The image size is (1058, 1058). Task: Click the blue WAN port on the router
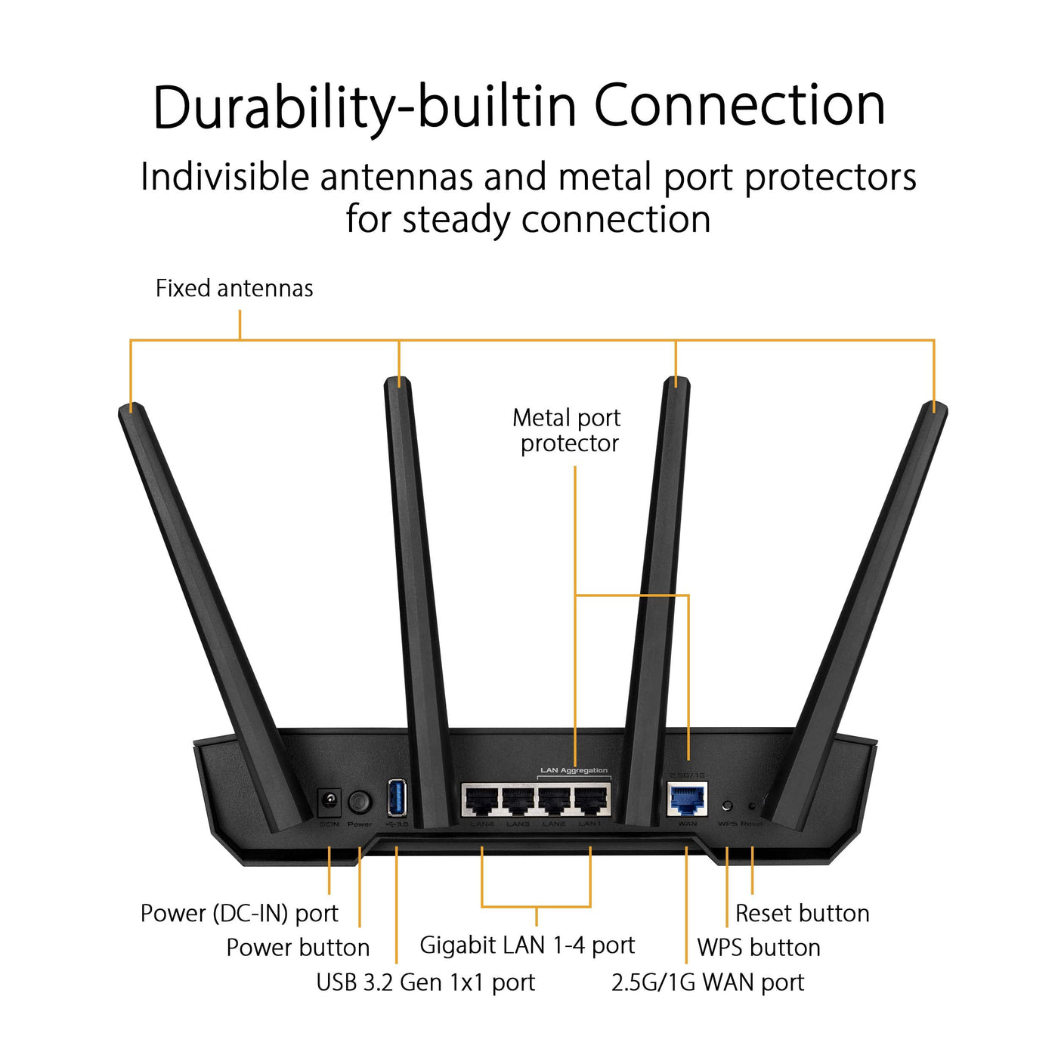pyautogui.click(x=687, y=800)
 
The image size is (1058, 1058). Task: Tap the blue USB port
pyautogui.click(x=397, y=797)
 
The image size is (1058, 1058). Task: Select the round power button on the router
pyautogui.click(x=359, y=802)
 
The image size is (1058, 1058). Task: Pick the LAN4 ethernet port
pyautogui.click(x=481, y=800)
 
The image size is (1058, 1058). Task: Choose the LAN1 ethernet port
pyautogui.click(x=590, y=800)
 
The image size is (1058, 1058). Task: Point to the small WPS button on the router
pyautogui.click(x=727, y=806)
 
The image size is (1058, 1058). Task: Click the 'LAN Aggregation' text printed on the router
pyautogui.click(x=574, y=771)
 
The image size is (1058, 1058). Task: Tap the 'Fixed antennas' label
pyautogui.click(x=234, y=289)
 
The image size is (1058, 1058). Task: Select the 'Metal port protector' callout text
pyautogui.click(x=568, y=430)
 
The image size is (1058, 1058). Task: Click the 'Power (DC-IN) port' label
pyautogui.click(x=239, y=914)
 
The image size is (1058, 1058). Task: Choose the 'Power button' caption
pyautogui.click(x=298, y=948)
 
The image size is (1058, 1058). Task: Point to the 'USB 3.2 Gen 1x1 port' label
pyautogui.click(x=425, y=982)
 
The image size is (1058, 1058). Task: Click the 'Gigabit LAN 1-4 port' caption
pyautogui.click(x=527, y=945)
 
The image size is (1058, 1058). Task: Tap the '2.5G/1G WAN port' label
pyautogui.click(x=707, y=982)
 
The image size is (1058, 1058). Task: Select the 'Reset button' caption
pyautogui.click(x=802, y=914)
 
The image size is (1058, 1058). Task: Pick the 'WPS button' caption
pyautogui.click(x=759, y=948)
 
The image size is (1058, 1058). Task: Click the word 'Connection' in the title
pyautogui.click(x=739, y=106)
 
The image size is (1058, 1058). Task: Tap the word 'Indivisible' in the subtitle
pyautogui.click(x=225, y=178)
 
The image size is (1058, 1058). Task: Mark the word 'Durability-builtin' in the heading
pyautogui.click(x=365, y=107)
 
